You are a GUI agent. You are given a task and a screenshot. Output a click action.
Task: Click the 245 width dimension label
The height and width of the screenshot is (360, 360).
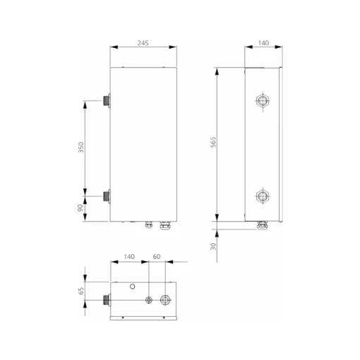tap(143, 43)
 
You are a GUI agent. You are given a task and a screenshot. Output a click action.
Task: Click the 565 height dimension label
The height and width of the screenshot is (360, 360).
tap(213, 142)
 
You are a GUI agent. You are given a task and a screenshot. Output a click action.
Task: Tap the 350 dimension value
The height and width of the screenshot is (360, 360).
tap(81, 148)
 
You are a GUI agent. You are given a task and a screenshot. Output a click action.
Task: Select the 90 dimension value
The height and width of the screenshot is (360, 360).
tap(80, 208)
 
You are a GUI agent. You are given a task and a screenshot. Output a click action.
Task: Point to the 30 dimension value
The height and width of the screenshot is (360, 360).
tap(213, 246)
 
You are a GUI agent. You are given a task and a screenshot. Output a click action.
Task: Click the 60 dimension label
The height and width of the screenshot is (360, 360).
tap(157, 257)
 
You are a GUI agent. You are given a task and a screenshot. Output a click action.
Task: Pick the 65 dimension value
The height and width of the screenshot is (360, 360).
tap(81, 291)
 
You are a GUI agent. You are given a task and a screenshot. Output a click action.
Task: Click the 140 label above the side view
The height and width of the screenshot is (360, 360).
tap(263, 43)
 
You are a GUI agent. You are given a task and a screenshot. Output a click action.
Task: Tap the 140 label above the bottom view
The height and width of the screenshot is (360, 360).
tap(129, 257)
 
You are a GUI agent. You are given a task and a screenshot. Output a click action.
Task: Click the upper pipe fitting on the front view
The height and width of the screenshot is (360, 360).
tap(107, 101)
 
